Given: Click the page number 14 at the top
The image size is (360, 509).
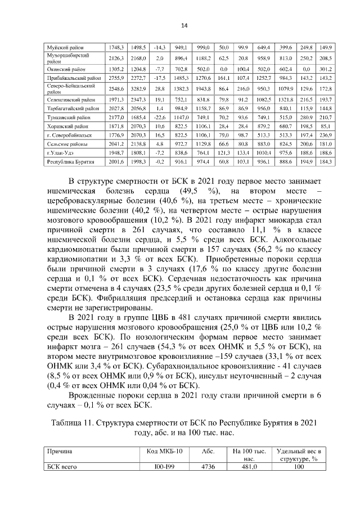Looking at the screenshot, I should (184, 25).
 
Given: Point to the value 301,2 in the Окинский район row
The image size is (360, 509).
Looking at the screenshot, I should (326, 68).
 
